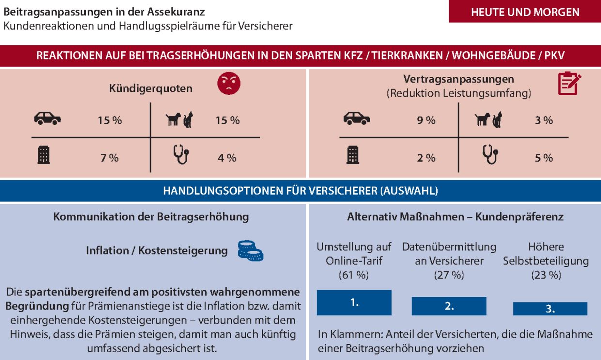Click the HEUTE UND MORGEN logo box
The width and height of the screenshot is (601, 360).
tap(524, 12)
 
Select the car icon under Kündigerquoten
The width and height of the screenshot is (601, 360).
tap(47, 119)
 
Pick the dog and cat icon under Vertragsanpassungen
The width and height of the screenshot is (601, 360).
tap(488, 119)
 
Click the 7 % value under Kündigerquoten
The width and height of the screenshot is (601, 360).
tap(110, 157)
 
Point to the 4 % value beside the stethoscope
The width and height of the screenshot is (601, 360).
tap(227, 157)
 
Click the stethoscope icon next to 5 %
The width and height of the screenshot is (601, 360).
tap(489, 156)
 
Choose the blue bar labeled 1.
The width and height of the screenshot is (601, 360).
tap(354, 303)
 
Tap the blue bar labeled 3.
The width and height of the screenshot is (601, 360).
tap(550, 309)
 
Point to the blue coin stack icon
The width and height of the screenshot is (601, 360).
tap(250, 251)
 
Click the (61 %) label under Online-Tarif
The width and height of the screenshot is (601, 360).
tap(354, 276)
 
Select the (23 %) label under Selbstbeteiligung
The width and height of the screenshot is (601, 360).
tap(546, 276)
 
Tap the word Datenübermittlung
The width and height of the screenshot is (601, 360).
tap(449, 247)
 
